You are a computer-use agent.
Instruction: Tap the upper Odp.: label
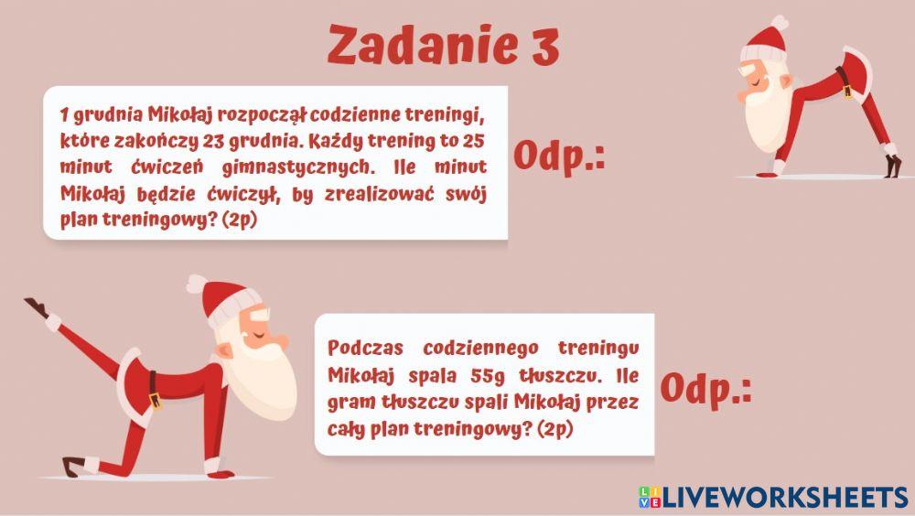(x=559, y=156)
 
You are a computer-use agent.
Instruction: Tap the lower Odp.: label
(x=705, y=389)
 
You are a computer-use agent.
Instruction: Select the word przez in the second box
(x=618, y=403)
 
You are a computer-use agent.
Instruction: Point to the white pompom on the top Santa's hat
(x=779, y=22)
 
